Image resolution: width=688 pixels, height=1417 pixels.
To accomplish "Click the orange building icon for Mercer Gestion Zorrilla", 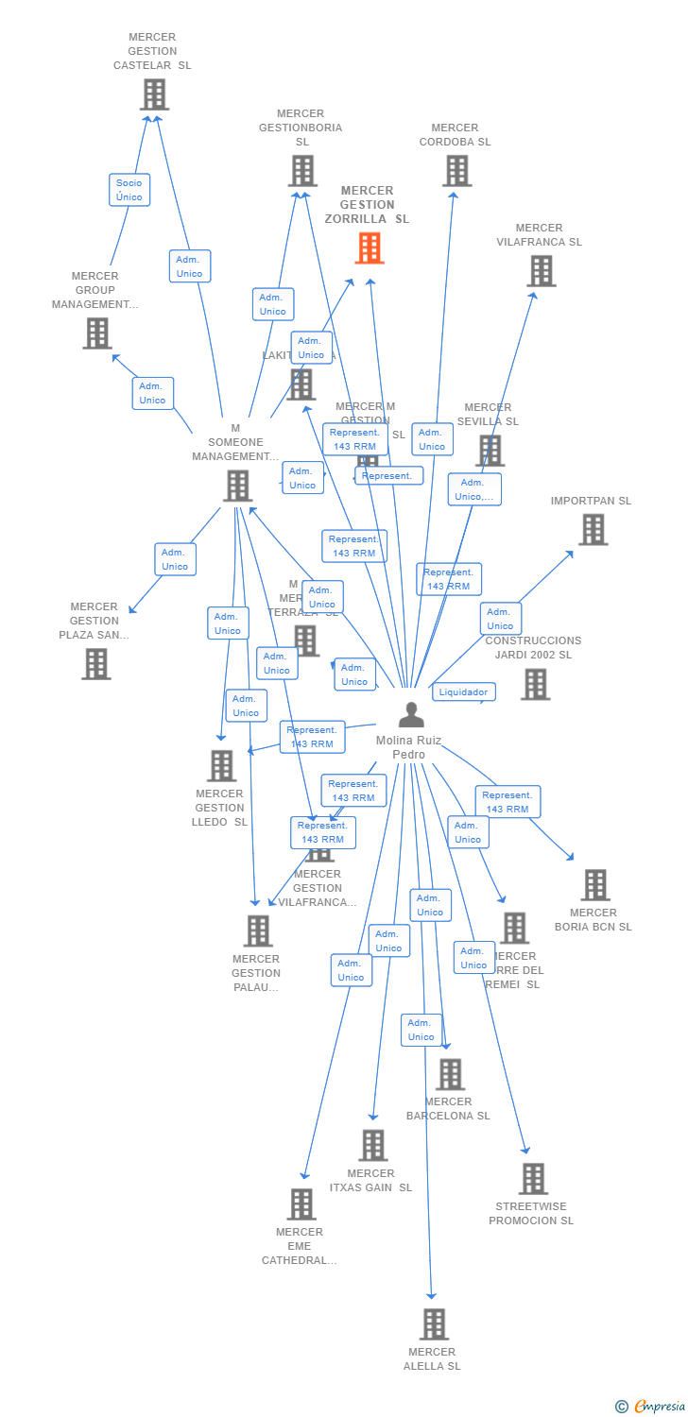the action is tap(370, 248).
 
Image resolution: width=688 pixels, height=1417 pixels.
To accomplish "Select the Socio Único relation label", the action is tap(129, 190).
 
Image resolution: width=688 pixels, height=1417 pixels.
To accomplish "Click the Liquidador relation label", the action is tap(464, 692).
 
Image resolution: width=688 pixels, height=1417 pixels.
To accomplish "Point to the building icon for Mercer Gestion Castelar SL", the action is tap(154, 94).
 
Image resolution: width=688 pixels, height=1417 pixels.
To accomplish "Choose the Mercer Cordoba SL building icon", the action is tap(456, 171).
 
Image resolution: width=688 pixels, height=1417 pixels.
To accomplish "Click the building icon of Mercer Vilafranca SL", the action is tap(541, 271).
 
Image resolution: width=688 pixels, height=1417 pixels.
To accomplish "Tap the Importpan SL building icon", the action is tap(593, 530).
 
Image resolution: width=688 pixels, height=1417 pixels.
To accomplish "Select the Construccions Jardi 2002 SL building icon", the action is tap(535, 684).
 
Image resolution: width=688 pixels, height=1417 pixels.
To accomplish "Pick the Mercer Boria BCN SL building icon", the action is tap(594, 885).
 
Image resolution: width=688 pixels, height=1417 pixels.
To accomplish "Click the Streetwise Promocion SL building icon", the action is tap(533, 1179).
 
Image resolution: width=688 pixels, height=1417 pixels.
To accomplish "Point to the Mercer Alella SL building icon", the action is tap(434, 1324).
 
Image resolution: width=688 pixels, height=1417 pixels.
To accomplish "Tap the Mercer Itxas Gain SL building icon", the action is tap(373, 1146).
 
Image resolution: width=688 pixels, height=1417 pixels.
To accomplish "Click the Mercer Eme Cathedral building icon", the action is tap(301, 1204).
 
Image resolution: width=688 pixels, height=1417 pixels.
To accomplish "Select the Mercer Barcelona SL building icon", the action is tap(450, 1074).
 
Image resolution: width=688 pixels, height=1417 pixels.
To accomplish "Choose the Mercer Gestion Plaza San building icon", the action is tap(95, 664).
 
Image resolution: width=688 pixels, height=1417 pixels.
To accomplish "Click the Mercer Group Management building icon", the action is tap(96, 333).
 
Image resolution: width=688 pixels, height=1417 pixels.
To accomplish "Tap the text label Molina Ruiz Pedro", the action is tap(408, 747).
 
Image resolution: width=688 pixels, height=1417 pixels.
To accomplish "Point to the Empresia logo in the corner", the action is tap(651, 1407).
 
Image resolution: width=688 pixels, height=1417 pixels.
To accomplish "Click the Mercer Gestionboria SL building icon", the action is tap(301, 171).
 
